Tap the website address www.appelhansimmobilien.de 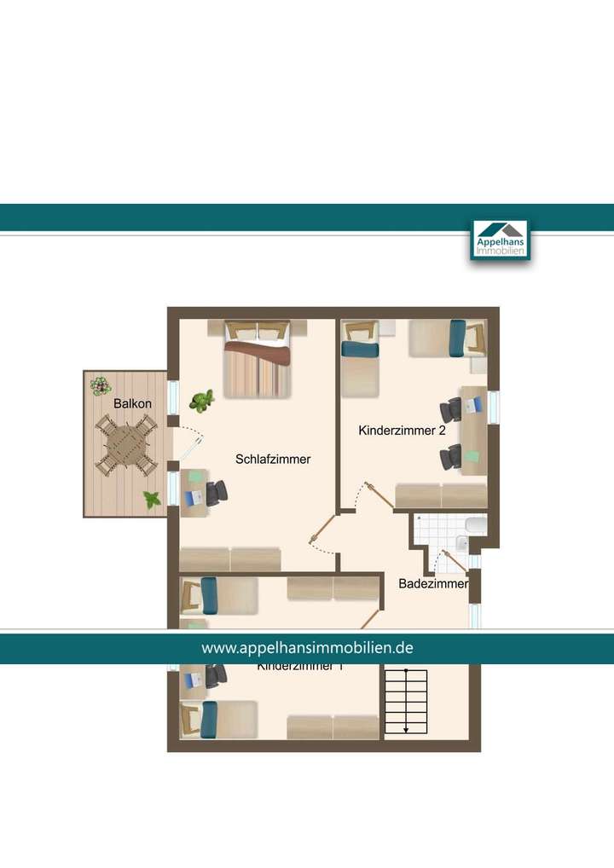click(307, 648)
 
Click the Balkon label click(133, 403)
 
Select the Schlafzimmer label click(273, 460)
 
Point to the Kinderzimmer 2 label click(403, 431)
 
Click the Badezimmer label click(433, 584)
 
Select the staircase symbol click(405, 701)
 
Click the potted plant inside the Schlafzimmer click(203, 400)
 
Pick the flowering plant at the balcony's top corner click(101, 386)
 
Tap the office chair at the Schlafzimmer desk click(217, 492)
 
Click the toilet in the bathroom click(476, 525)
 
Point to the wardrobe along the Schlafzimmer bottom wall click(230, 559)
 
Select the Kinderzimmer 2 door click(379, 496)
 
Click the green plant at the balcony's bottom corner click(152, 501)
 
